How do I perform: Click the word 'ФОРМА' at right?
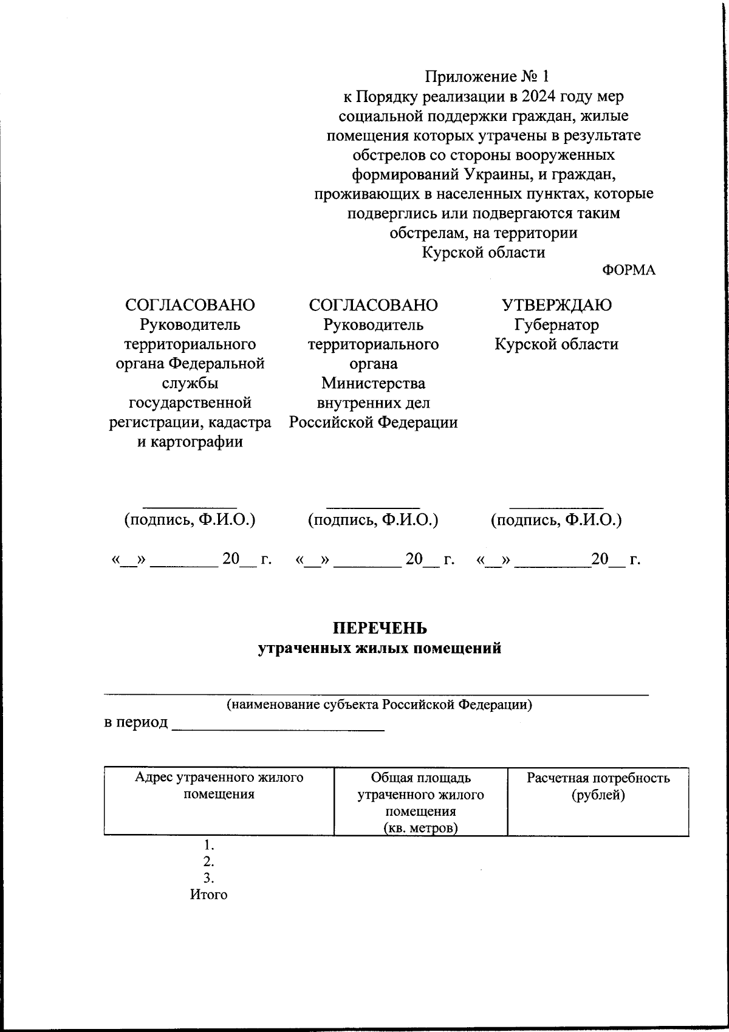(x=629, y=270)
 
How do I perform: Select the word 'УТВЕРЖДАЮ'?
(x=556, y=305)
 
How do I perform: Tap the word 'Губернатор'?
(x=556, y=324)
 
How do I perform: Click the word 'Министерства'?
(x=373, y=383)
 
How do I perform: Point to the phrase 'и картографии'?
(x=190, y=442)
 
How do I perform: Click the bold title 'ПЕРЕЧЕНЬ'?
(x=380, y=627)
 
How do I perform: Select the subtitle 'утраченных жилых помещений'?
(x=380, y=648)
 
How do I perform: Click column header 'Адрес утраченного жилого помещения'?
(x=219, y=785)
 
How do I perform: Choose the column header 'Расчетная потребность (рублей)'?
(x=598, y=786)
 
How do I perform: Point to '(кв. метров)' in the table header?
(x=420, y=828)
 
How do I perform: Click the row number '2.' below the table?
(x=208, y=861)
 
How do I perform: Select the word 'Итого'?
(x=208, y=895)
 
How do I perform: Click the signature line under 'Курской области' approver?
(x=556, y=506)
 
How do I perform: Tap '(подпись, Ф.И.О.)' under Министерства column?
(x=373, y=520)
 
